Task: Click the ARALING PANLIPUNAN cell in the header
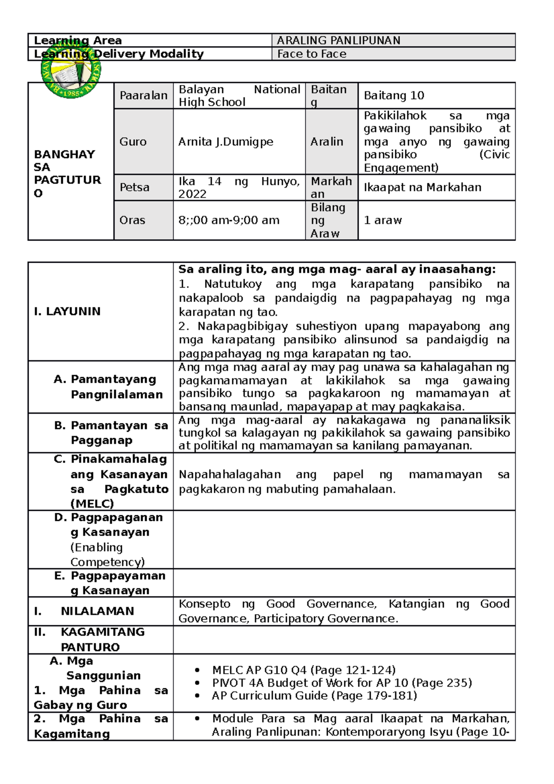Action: pos(338,41)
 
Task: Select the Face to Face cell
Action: pos(312,54)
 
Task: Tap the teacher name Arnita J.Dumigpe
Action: pos(226,142)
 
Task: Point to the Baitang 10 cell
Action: pos(393,96)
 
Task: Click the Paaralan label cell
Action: pos(143,96)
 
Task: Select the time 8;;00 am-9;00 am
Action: pos(229,220)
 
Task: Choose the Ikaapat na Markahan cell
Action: pos(422,187)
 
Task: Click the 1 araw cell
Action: pos(382,220)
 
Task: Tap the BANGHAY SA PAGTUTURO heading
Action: pos(67,173)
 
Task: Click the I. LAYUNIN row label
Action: pos(67,311)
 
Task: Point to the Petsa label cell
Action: pos(134,187)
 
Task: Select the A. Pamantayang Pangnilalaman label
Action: pos(108,387)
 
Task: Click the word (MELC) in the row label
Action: pos(92,503)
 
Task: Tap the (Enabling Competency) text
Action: pos(107,555)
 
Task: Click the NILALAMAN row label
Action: pos(97,611)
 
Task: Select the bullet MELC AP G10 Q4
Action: pos(303,670)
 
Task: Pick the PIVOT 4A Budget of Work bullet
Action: pos(342,683)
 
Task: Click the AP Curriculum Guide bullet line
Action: pos(314,696)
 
